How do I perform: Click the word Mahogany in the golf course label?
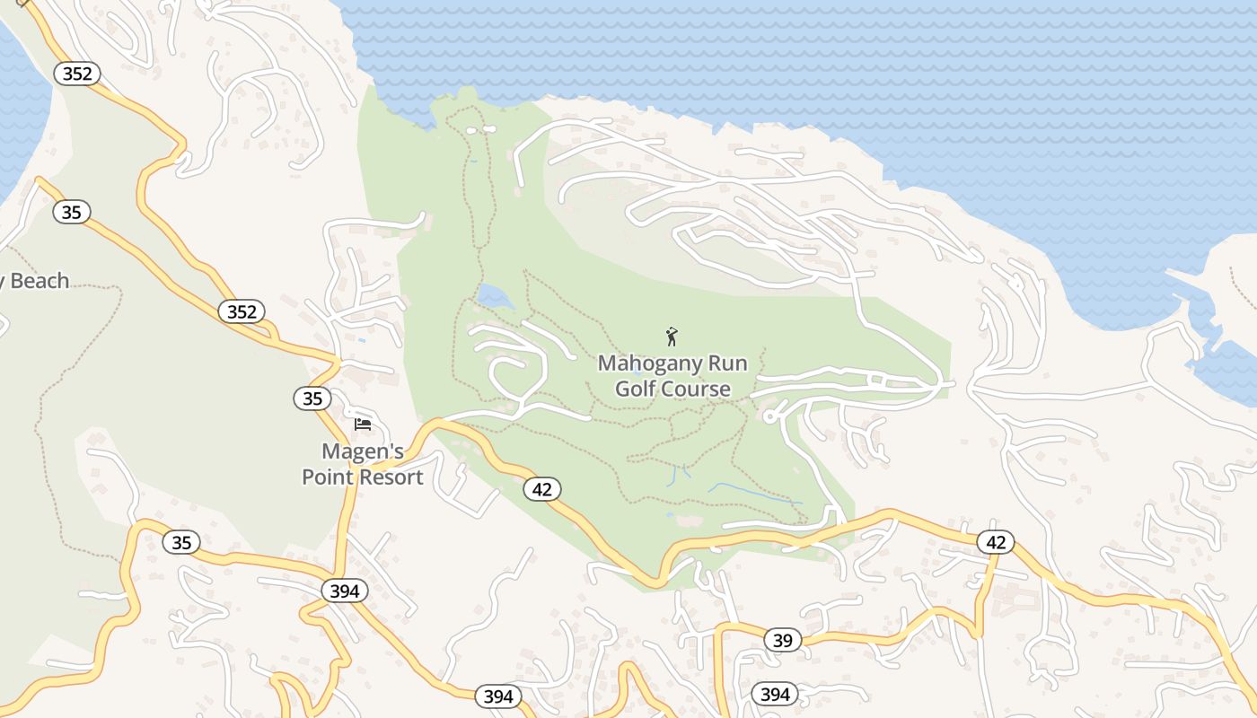637,363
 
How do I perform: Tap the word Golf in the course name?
637,389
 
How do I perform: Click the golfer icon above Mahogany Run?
672,337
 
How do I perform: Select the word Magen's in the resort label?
363,451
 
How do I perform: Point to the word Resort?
390,477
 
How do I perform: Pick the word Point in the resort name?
327,477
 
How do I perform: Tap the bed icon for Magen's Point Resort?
363,424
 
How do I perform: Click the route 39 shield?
783,640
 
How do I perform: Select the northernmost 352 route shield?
77,74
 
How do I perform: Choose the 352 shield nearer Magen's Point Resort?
242,311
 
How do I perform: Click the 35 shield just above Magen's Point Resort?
312,398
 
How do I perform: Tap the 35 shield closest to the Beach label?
72,213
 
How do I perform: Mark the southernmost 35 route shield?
181,542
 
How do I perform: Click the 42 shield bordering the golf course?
541,489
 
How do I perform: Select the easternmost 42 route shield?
996,542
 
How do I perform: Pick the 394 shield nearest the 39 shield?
775,694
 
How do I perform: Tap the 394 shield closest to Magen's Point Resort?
345,591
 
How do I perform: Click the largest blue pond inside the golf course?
495,296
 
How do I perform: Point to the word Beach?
39,281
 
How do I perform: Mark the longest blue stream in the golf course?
754,494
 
